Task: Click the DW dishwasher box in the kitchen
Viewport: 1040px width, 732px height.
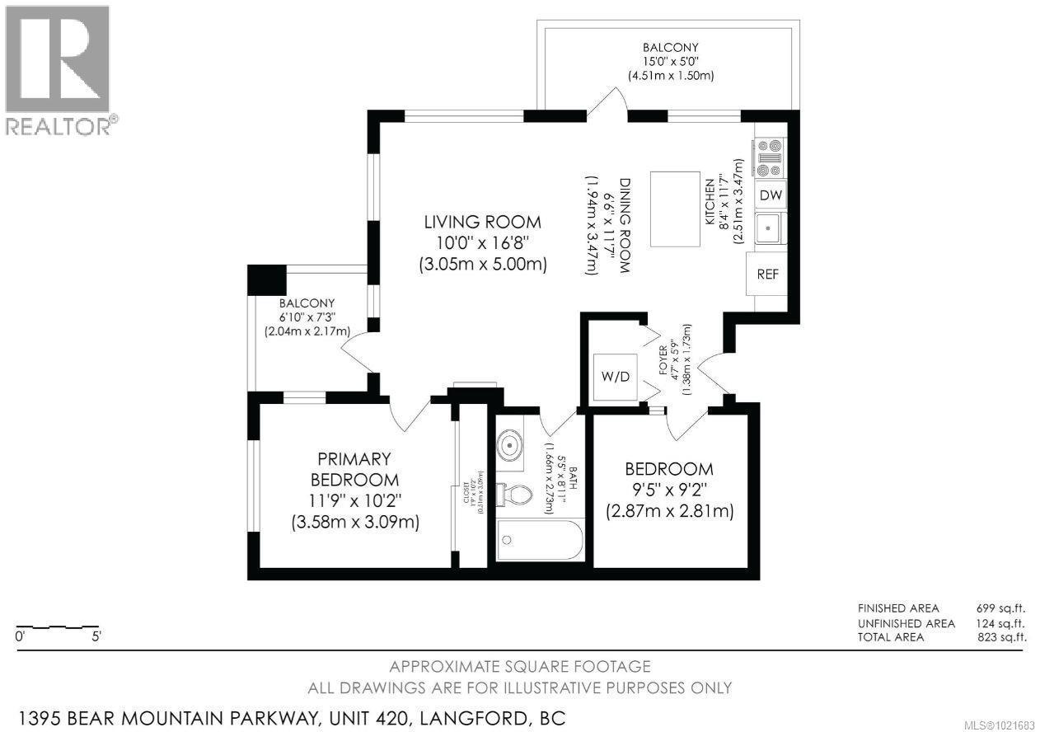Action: pos(771,195)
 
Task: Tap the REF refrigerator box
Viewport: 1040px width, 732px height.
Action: pos(767,274)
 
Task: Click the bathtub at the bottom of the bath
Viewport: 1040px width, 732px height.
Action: pos(540,542)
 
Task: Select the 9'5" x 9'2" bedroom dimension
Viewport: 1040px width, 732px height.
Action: pos(669,490)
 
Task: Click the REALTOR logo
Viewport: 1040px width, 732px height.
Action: pos(58,70)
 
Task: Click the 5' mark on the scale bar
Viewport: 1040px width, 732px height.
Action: pos(97,636)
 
